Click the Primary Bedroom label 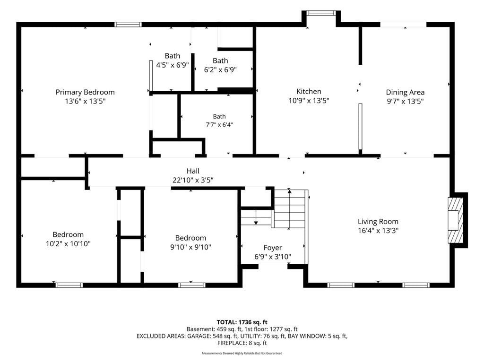(85, 92)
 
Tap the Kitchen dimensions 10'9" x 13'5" (309, 101)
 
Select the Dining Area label (405, 92)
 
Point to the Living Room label (378, 221)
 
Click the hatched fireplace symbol (456, 220)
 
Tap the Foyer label (273, 248)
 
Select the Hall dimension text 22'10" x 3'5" (193, 180)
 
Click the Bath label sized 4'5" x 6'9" (172, 56)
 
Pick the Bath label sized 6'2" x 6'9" (220, 60)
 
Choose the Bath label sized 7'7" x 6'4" (219, 116)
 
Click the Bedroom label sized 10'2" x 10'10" (68, 234)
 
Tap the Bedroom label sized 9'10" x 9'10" (190, 238)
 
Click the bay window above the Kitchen (321, 13)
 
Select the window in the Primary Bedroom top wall (128, 25)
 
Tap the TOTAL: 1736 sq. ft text (242, 322)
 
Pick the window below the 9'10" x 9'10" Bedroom (192, 285)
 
